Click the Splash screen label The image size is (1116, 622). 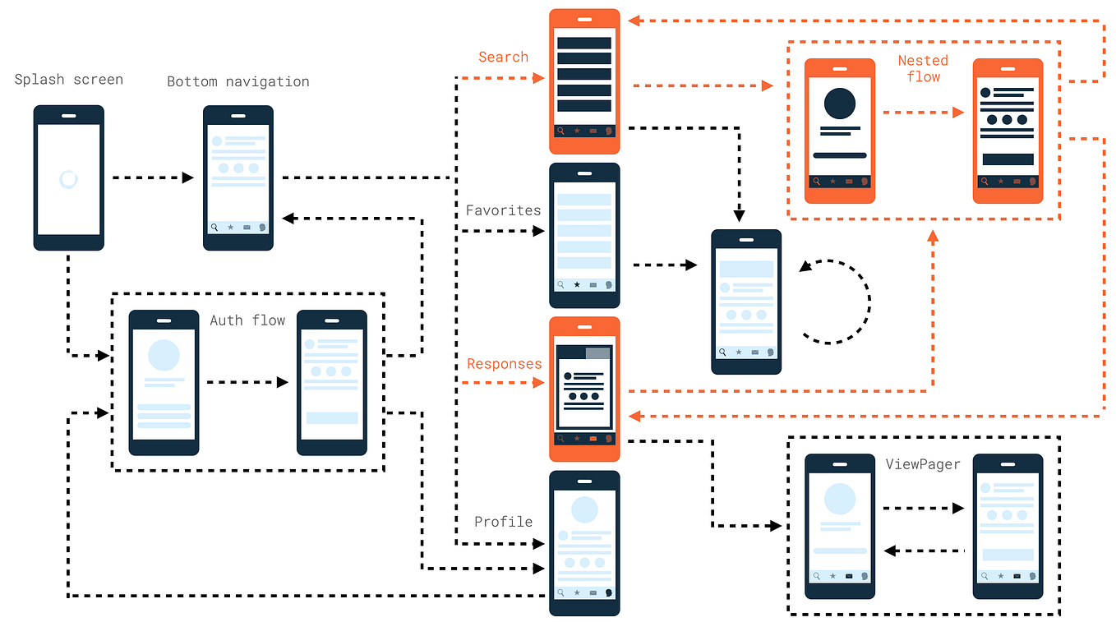pos(69,80)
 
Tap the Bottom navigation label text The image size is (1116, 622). pos(238,81)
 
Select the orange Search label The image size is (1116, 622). pos(503,58)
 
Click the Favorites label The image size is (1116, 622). pos(503,210)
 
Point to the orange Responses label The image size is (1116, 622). pos(505,364)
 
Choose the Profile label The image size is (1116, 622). pos(503,522)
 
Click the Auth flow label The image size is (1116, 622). pos(247,320)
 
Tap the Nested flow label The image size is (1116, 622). pos(923,69)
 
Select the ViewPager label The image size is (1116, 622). pos(923,464)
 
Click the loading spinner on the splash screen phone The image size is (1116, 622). pos(69,180)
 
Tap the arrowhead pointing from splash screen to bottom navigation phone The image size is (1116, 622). pos(188,177)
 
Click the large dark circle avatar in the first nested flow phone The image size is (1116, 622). pos(840,104)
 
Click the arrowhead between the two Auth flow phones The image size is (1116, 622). pos(283,382)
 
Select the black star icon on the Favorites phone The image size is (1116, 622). pos(577,285)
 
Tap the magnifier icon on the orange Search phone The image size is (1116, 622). pos(561,131)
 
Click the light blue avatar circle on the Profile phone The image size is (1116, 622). pos(584,509)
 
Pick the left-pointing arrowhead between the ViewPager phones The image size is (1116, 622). pos(890,551)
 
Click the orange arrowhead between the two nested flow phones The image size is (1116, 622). pos(958,113)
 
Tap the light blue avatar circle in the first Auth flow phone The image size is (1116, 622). pos(164,355)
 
